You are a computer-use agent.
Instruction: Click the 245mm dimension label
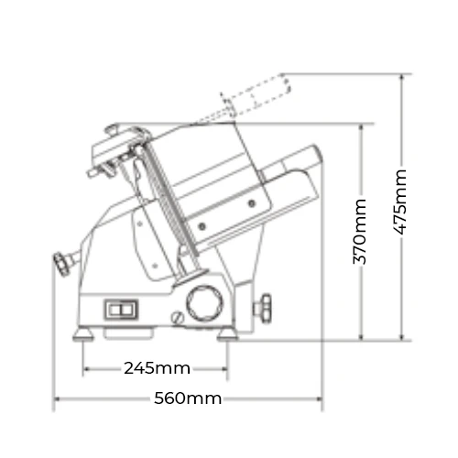[157, 368]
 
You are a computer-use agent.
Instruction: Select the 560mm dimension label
[188, 398]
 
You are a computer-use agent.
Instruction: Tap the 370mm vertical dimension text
[360, 232]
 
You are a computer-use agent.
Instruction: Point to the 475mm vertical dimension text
[400, 202]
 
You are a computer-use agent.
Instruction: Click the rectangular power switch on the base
[122, 310]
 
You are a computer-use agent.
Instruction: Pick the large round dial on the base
[204, 304]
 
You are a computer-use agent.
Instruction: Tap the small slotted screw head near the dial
[177, 318]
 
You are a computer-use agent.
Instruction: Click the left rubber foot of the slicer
[83, 334]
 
